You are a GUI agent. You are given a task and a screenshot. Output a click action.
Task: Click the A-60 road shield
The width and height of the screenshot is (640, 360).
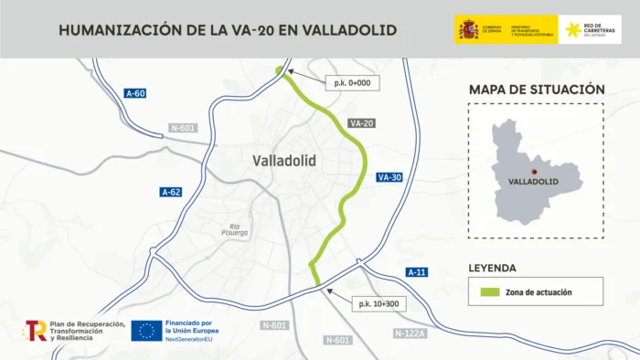point(135,93)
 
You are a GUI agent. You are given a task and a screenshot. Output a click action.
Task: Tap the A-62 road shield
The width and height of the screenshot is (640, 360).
point(171,192)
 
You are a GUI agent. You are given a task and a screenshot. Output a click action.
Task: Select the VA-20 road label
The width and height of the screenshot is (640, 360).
point(362,123)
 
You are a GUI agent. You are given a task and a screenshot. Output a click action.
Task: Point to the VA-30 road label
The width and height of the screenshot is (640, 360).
point(389,177)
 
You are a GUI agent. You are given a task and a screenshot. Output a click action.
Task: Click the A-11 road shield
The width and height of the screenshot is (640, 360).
point(416,272)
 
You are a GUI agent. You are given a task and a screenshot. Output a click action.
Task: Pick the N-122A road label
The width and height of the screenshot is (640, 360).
point(411,334)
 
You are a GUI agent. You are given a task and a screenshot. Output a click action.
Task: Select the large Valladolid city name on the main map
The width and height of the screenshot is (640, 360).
point(283,161)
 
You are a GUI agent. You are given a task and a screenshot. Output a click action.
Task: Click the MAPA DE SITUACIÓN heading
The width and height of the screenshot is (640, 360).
point(537,90)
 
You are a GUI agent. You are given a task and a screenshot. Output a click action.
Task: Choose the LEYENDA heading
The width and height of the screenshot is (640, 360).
point(493,269)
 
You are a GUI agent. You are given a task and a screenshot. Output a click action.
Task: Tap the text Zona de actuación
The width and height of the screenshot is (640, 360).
point(542,292)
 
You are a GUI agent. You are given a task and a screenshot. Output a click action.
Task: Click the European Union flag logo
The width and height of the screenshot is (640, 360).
point(146,331)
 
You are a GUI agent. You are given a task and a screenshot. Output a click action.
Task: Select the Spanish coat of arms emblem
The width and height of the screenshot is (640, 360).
point(468,30)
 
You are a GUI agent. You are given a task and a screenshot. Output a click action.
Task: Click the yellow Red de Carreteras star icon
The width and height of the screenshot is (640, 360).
point(573,30)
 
